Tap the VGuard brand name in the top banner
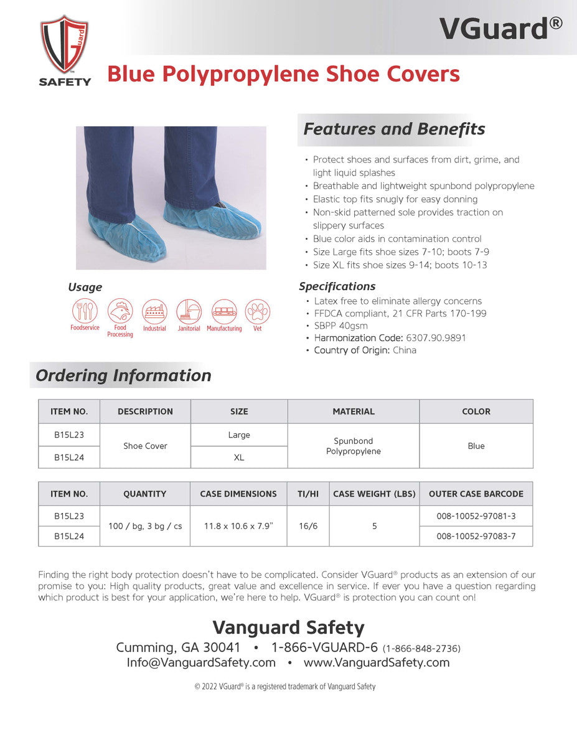click(500, 28)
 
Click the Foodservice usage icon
click(85, 311)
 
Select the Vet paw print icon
click(257, 311)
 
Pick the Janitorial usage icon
click(189, 311)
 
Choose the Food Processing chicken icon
click(120, 311)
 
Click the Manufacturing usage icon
click(224, 311)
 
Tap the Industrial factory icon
click(154, 311)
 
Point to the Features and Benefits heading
click(394, 129)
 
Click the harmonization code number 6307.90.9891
click(436, 338)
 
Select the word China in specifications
click(405, 350)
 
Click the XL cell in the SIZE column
click(239, 458)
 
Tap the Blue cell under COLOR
click(476, 446)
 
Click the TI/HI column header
click(308, 494)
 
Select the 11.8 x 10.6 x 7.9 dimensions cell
click(238, 526)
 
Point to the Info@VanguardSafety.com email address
click(201, 663)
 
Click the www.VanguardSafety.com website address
click(377, 663)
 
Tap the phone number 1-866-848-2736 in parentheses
click(421, 649)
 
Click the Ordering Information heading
click(123, 376)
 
